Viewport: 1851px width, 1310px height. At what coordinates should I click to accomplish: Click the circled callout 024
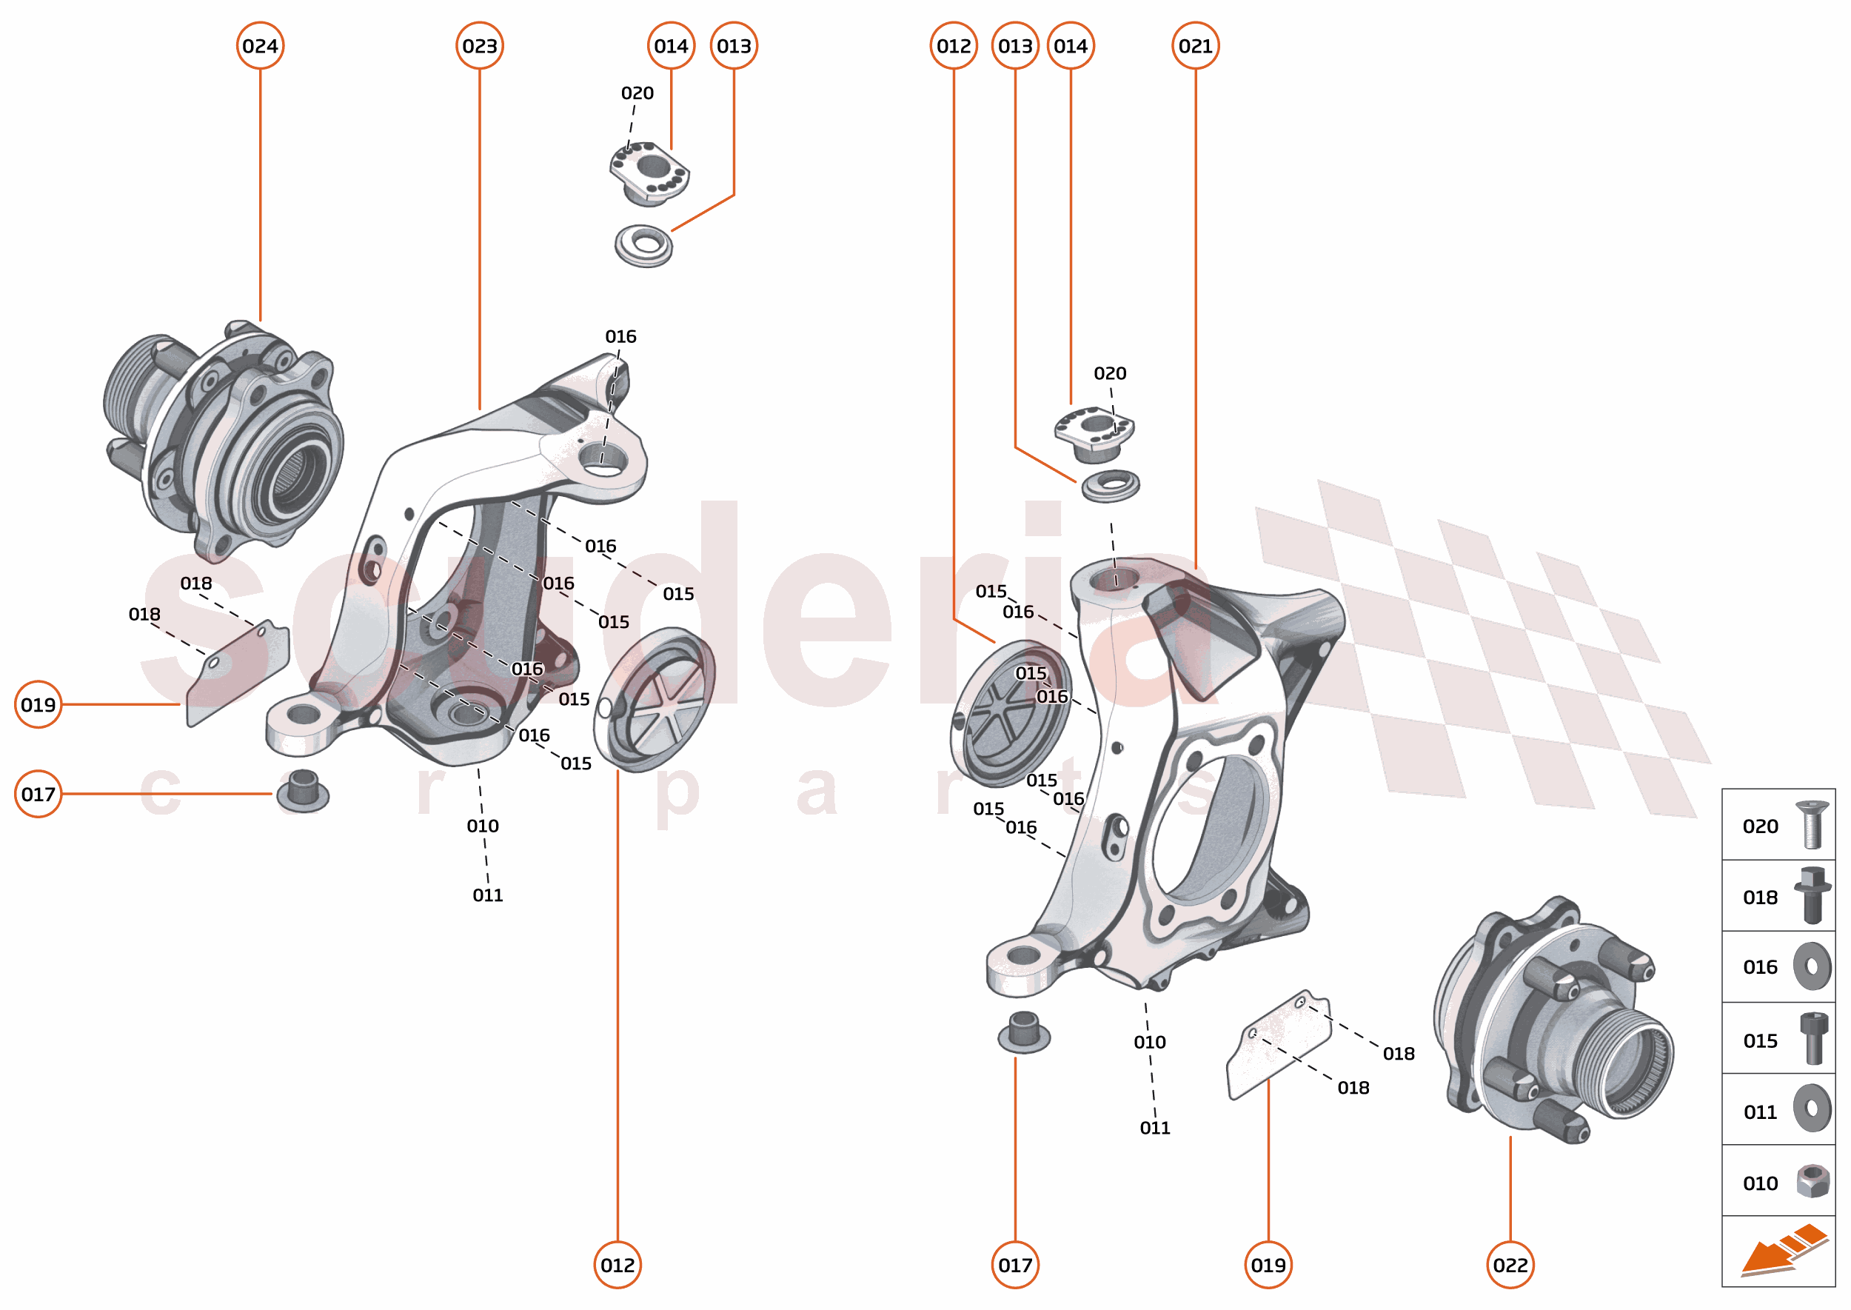point(260,46)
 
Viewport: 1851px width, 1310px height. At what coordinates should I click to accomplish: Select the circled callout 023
point(479,46)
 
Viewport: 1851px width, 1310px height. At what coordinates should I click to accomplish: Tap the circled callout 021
point(1194,46)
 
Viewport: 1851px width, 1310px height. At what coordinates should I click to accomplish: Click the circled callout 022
point(1510,1265)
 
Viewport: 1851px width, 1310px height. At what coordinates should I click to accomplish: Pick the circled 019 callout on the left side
point(38,705)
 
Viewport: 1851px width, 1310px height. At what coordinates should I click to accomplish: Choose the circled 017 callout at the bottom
point(1014,1265)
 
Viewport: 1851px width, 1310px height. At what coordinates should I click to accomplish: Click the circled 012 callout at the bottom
point(617,1265)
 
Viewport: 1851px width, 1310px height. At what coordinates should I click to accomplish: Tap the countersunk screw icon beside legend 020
point(1812,824)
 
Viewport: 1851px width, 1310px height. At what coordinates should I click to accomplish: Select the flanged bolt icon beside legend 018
point(1812,895)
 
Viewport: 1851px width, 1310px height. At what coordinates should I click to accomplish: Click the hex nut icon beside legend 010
point(1812,1182)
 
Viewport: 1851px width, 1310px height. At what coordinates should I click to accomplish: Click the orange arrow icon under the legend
point(1783,1250)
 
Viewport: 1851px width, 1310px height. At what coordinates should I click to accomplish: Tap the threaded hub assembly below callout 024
point(226,440)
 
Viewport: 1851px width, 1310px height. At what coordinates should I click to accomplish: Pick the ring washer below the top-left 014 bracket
point(643,245)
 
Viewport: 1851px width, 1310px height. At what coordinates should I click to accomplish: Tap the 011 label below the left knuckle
point(487,895)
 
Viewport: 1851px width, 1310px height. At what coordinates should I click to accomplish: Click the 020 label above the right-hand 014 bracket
point(1109,373)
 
